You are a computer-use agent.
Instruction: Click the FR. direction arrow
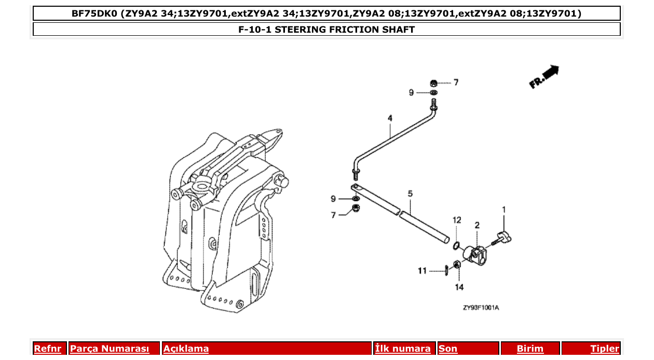(544, 76)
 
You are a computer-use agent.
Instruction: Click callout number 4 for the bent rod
(389, 119)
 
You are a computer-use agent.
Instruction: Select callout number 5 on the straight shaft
(410, 194)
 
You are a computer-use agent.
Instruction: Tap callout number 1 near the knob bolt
(503, 210)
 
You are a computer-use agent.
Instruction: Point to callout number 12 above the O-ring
(456, 220)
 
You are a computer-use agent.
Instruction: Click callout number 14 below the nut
(459, 287)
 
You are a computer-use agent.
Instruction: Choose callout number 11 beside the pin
(423, 270)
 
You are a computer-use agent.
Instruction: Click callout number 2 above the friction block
(477, 225)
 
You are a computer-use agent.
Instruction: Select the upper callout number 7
(456, 82)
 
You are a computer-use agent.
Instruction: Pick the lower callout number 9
(334, 199)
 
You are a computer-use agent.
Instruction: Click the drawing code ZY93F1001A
(481, 308)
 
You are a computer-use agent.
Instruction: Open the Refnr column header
(48, 349)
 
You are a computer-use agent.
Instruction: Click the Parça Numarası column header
(110, 349)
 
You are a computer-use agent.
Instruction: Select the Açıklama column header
(186, 349)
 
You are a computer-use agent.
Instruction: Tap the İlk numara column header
(403, 349)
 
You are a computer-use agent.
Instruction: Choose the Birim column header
(530, 349)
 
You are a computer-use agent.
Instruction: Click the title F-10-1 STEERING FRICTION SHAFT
(326, 30)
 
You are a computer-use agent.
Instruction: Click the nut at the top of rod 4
(433, 82)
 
